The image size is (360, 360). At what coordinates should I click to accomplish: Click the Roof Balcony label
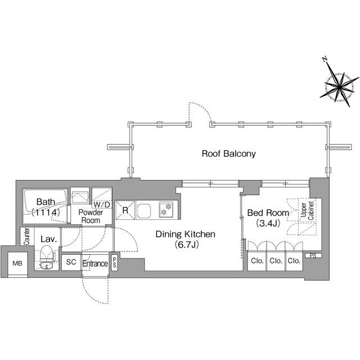click(x=229, y=154)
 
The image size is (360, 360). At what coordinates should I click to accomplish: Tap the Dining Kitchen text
click(x=186, y=234)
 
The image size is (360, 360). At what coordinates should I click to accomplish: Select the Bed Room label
click(x=268, y=213)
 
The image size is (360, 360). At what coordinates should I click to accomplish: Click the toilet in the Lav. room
click(x=47, y=257)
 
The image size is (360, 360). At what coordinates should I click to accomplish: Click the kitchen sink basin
click(x=144, y=210)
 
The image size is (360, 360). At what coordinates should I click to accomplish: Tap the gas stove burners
click(x=166, y=209)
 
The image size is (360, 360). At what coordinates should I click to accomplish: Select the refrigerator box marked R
click(x=125, y=210)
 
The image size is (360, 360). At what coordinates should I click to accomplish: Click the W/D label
click(x=102, y=204)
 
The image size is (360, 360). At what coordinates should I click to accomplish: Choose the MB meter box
click(x=17, y=264)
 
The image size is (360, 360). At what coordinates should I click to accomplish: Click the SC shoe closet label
click(x=71, y=262)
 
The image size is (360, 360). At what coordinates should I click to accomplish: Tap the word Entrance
click(x=95, y=264)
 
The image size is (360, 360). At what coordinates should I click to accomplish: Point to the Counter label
click(x=26, y=236)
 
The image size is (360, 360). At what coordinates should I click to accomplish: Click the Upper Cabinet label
click(x=307, y=210)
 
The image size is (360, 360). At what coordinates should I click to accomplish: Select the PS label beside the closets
click(x=313, y=255)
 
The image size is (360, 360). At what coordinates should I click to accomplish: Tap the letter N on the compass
click(x=325, y=60)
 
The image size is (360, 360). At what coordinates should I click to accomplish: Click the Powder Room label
click(x=91, y=216)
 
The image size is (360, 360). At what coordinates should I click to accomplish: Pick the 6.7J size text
click(x=186, y=245)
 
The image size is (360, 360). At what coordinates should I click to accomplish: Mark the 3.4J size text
click(x=268, y=223)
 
